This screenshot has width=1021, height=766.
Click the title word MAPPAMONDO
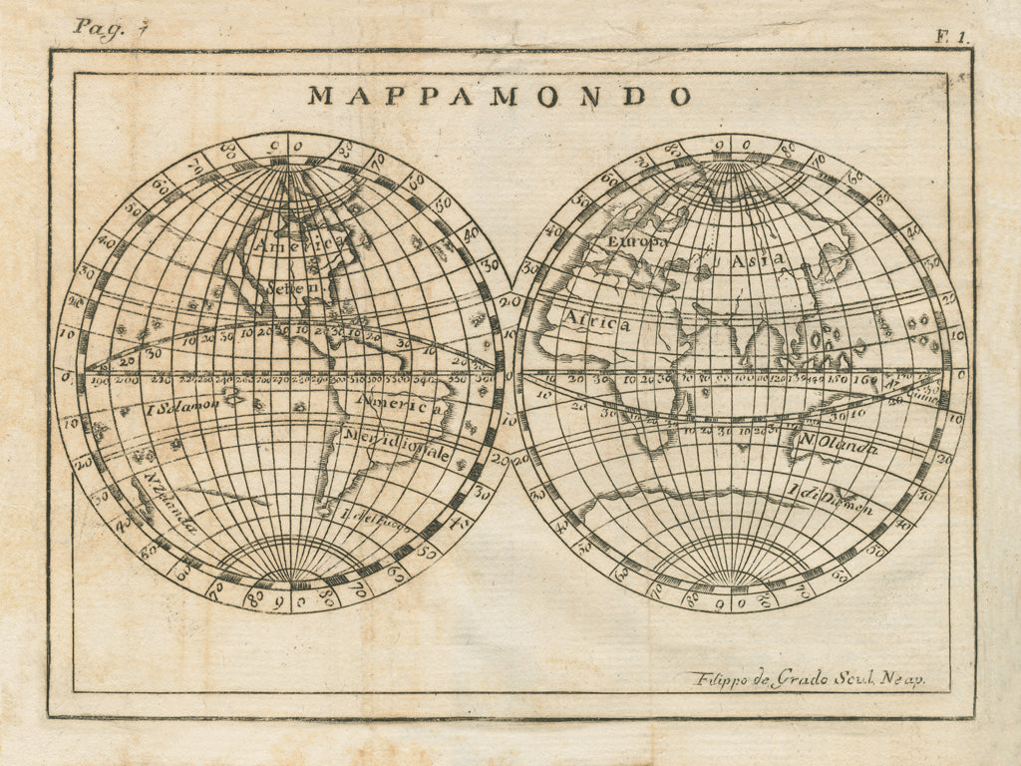pyautogui.click(x=500, y=96)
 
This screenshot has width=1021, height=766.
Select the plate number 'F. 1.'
pyautogui.click(x=951, y=36)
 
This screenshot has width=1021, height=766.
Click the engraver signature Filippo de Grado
pyautogui.click(x=808, y=679)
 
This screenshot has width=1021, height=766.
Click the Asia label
pyautogui.click(x=759, y=260)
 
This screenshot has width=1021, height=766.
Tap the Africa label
pyautogui.click(x=598, y=323)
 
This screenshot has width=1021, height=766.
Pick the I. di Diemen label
pyautogui.click(x=831, y=500)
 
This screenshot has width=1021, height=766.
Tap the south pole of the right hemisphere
pyautogui.click(x=731, y=585)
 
